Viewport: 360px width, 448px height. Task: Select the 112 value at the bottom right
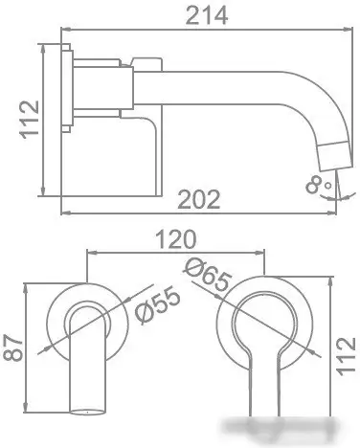pyautogui.click(x=348, y=354)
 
